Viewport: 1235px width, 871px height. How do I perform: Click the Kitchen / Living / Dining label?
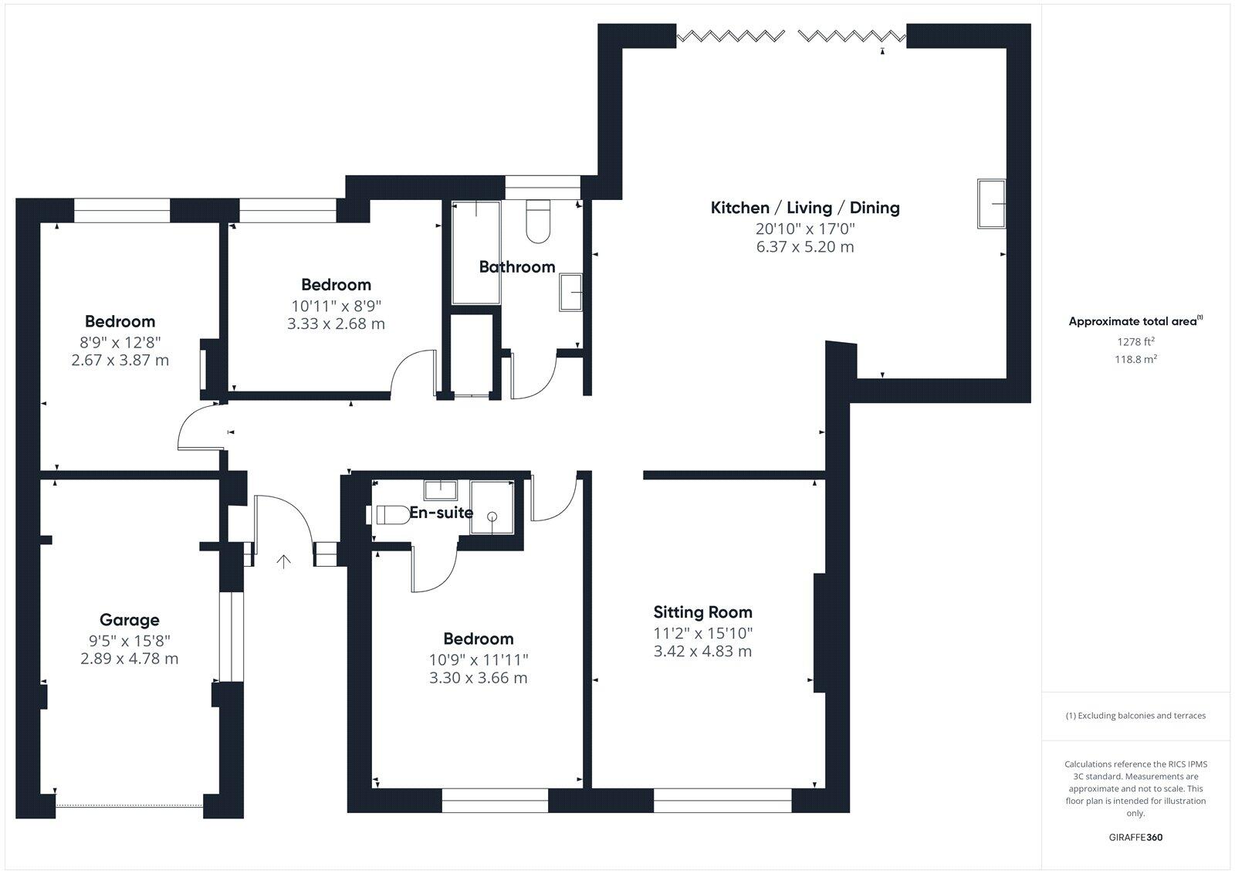(805, 208)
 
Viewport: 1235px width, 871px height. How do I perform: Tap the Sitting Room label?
(702, 612)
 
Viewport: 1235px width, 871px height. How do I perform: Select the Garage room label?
(130, 619)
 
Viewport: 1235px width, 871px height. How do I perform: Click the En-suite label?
(441, 512)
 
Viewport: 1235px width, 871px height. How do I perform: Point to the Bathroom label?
(516, 267)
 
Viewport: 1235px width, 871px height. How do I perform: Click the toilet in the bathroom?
(537, 219)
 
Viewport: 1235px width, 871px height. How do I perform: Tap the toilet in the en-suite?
(392, 514)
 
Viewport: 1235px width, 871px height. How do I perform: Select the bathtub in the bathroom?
(476, 252)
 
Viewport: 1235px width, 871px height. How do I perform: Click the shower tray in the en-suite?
(492, 507)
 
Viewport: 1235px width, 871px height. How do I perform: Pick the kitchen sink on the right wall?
(992, 203)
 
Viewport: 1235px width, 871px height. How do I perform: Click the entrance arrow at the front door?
(283, 561)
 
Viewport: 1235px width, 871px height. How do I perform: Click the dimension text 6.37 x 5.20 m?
(805, 247)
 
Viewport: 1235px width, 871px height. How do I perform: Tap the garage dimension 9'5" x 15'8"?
(130, 640)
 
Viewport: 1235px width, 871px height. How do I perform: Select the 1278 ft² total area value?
(1135, 341)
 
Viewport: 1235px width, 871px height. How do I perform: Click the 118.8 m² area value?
(1135, 359)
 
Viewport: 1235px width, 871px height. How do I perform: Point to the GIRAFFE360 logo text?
(1135, 837)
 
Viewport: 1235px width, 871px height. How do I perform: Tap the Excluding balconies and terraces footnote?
(1135, 716)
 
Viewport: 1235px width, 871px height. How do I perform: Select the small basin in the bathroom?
(571, 291)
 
